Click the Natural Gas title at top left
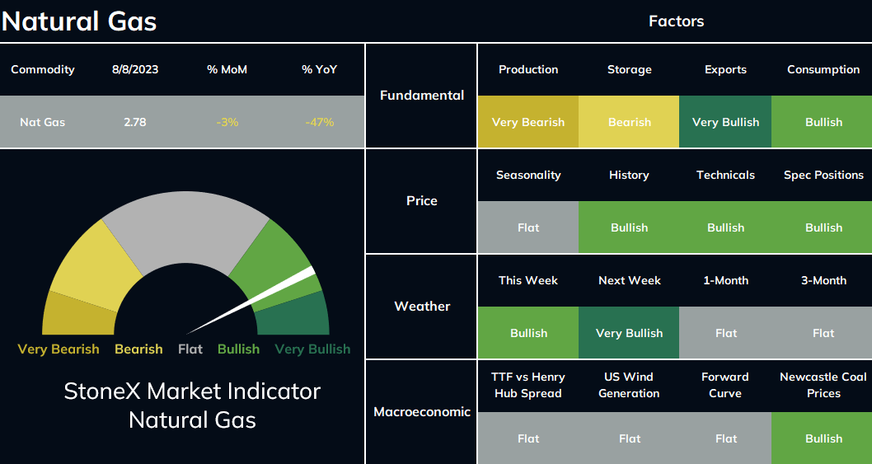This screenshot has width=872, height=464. point(79,21)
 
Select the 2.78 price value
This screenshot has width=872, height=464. point(135,122)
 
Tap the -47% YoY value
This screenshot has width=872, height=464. point(319,122)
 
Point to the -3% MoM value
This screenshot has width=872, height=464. point(227,122)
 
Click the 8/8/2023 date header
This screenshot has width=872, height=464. point(135,69)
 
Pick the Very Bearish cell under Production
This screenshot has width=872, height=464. point(527,122)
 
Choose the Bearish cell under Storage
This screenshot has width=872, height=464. point(629,122)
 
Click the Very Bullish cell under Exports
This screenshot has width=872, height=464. point(725,122)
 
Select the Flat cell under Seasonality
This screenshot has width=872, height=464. point(527,227)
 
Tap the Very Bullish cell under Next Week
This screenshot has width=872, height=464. point(629,333)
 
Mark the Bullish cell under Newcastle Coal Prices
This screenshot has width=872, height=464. point(822,438)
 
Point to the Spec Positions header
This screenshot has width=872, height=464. point(823,176)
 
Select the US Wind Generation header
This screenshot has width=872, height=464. point(629,385)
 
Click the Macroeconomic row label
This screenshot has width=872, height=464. point(422,412)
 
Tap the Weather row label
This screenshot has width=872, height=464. point(422,306)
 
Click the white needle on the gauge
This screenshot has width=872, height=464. point(251,301)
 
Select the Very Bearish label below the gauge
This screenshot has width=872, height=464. point(59,349)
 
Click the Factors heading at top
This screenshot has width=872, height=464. point(676,21)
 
